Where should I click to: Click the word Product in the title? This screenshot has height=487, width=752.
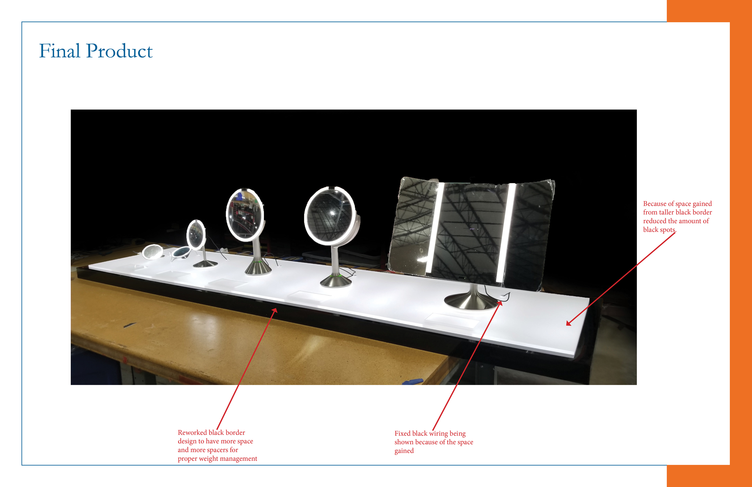pos(119,51)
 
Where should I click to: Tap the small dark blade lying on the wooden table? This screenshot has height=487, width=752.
pos(130,325)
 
